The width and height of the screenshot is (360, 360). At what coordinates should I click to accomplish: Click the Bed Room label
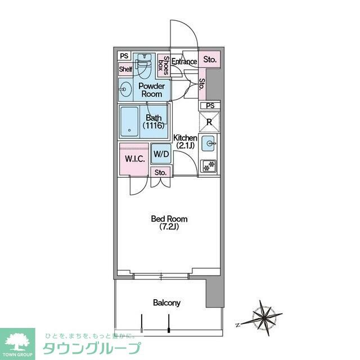coord(169,222)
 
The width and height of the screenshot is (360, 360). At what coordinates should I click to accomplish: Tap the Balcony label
coord(167,303)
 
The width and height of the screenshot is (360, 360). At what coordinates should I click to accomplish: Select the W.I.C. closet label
coord(134,159)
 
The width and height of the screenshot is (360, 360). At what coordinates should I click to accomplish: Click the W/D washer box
coord(161,154)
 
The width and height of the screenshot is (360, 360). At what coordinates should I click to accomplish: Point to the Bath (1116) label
coord(154,121)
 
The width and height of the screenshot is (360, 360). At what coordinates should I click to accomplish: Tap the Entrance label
coord(184,61)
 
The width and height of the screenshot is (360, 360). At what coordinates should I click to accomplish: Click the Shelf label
coord(125,69)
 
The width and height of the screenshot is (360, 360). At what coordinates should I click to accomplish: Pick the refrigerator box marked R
coord(209,121)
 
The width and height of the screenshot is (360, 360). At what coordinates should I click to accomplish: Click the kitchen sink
coord(209,143)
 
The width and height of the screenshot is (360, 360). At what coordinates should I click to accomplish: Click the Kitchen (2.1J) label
coord(184,141)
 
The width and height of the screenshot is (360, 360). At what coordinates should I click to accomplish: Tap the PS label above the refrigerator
coord(210,106)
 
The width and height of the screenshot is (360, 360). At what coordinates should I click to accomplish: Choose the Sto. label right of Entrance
coord(210,59)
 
